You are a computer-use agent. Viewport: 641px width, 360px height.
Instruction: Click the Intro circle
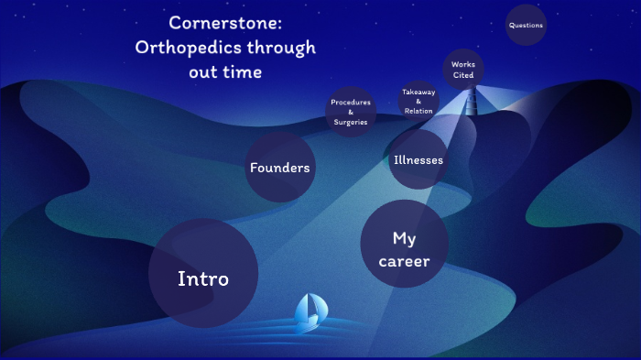coord(202,274)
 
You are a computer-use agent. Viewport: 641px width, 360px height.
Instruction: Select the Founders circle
coord(279,167)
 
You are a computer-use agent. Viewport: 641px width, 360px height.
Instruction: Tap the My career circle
coord(404,244)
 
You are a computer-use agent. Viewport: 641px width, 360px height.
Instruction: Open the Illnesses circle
coord(418,159)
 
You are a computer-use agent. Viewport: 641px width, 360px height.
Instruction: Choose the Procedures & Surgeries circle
coord(351,112)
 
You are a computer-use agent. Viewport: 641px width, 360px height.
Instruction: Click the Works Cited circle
coord(462,70)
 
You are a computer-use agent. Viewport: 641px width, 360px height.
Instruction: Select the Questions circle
coord(526,26)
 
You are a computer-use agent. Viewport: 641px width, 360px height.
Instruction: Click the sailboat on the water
coord(307,312)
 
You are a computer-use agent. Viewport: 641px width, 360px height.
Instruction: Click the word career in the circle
coord(404,261)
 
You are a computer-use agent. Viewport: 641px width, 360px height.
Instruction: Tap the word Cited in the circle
coord(462,76)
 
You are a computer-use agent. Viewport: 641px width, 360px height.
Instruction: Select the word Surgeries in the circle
coord(351,122)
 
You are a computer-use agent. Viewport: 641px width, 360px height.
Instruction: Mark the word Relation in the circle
coord(418,111)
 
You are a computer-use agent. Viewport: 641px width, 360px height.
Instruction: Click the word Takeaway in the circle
coord(418,92)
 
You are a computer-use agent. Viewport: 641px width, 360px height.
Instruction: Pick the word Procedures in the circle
coord(351,102)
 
